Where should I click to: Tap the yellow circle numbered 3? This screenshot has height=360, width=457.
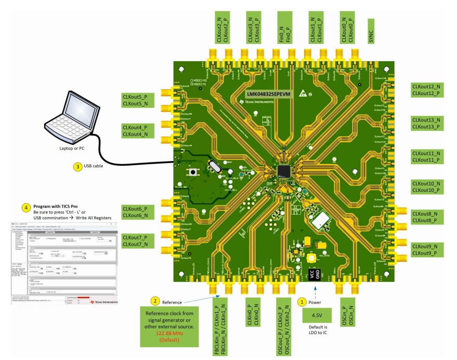[x=76, y=167]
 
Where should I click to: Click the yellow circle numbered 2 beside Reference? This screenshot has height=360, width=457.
[x=154, y=301]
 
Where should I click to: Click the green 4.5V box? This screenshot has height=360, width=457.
[x=316, y=315]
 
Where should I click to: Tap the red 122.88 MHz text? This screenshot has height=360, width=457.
[x=169, y=333]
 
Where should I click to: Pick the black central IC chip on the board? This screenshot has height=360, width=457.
[x=284, y=171]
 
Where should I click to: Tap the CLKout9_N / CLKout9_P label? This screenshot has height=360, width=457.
[x=426, y=249]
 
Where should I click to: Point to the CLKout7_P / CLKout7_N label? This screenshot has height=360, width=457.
[x=135, y=241]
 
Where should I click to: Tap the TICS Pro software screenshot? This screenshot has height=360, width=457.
[x=64, y=263]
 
